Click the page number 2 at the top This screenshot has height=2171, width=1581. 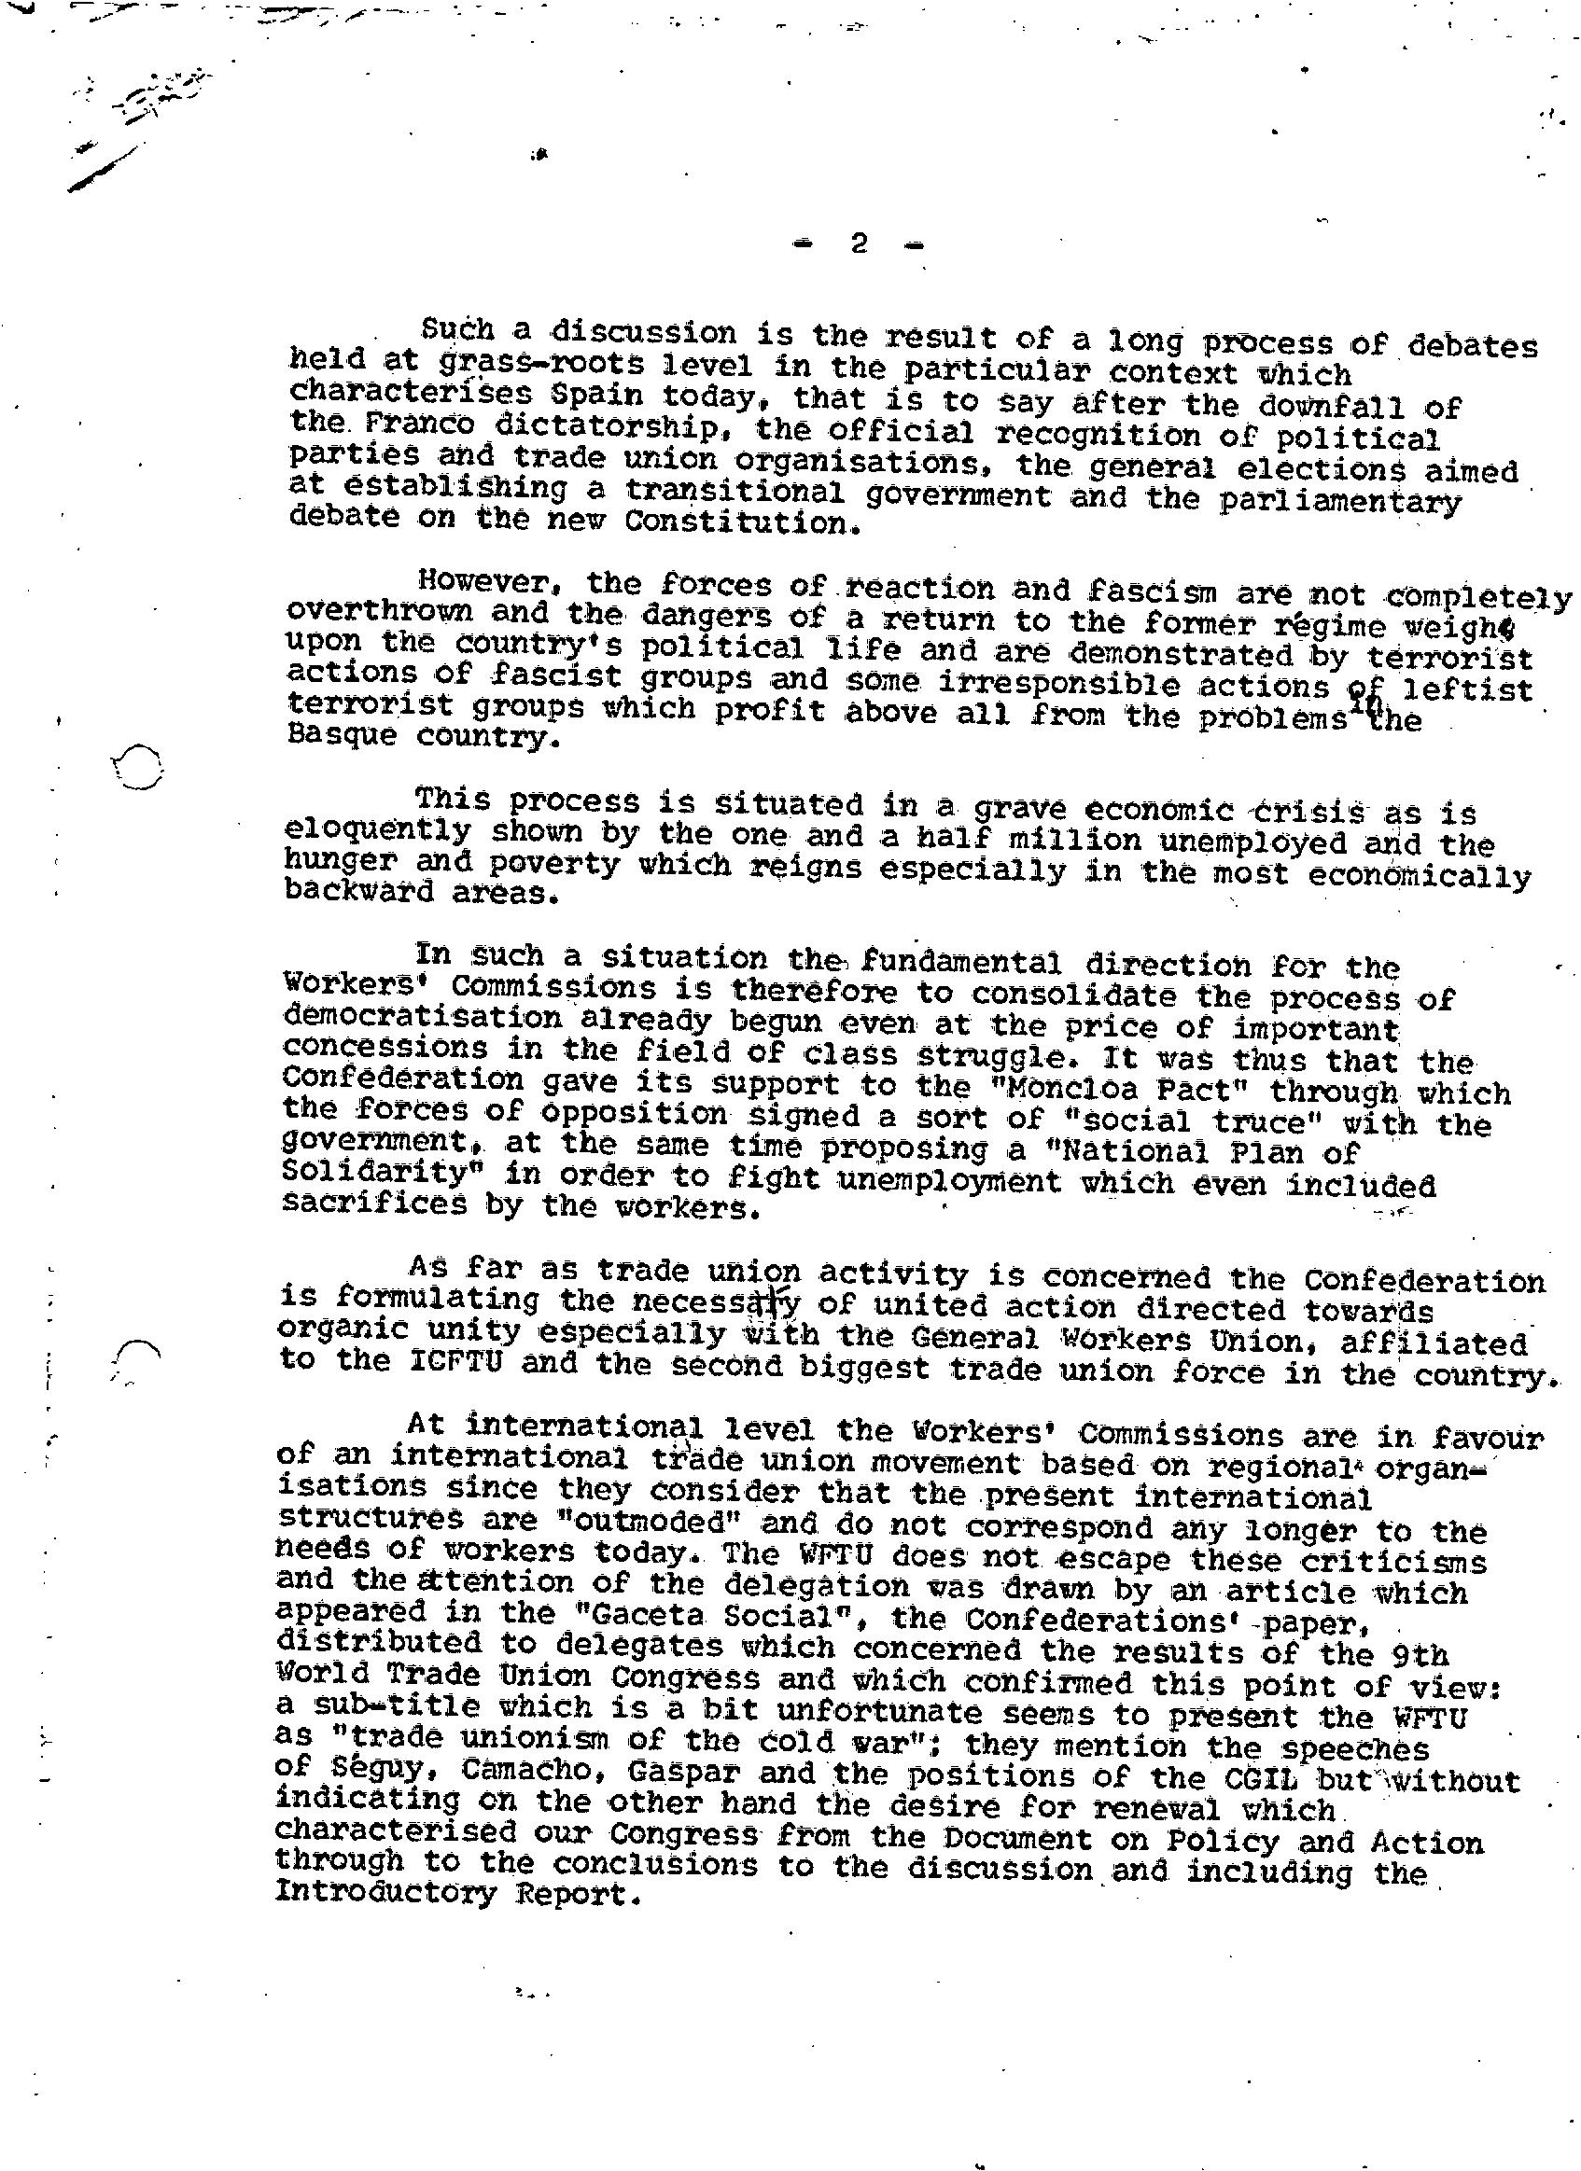pos(858,244)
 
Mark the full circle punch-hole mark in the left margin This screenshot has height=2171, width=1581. pos(138,766)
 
